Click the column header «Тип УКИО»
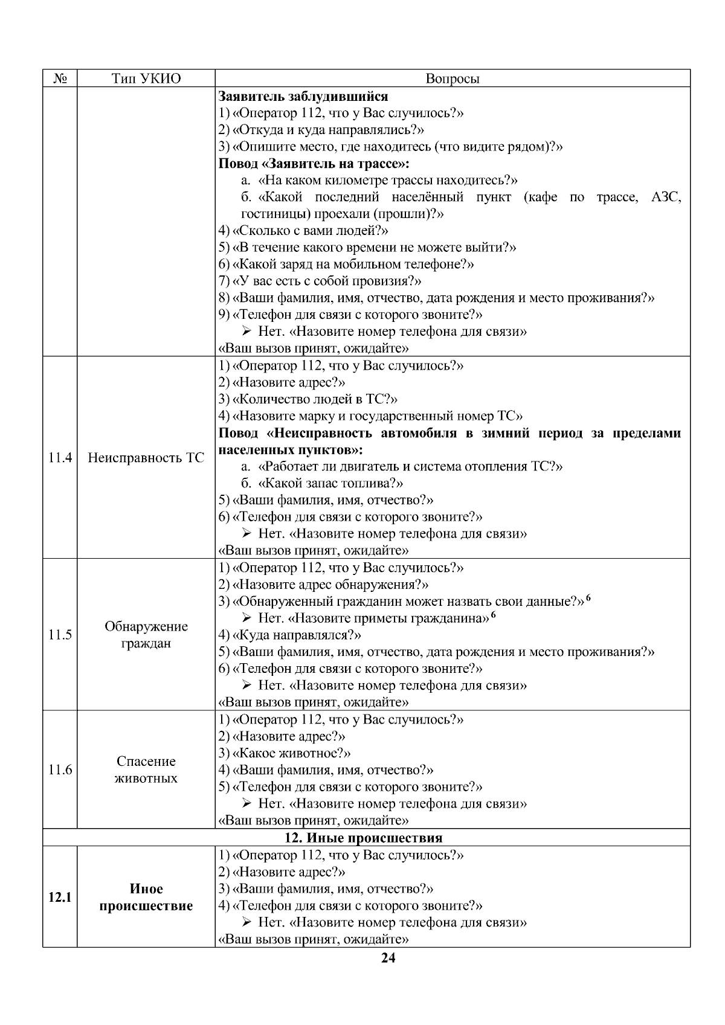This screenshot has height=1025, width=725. pos(146,79)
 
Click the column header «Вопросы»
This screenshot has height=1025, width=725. pos(453,79)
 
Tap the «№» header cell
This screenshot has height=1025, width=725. pos(60,79)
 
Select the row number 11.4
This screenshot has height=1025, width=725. pos(60,458)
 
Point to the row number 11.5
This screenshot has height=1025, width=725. pos(60,635)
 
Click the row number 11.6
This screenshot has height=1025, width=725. pos(60,770)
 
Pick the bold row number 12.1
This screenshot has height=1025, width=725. pos(60,898)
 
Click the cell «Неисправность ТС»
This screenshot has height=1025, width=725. pos(146,458)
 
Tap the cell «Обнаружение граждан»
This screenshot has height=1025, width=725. pos(146,635)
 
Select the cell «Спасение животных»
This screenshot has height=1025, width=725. pos(146,770)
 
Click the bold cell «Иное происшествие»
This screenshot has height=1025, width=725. pos(146,898)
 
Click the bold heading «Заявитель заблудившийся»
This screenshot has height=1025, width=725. pos(303,96)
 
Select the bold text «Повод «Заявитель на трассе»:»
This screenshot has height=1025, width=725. pos(313,164)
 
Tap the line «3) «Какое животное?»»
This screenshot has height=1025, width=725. pos(285,753)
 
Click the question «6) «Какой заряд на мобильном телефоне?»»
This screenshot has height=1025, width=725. pos(346,264)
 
